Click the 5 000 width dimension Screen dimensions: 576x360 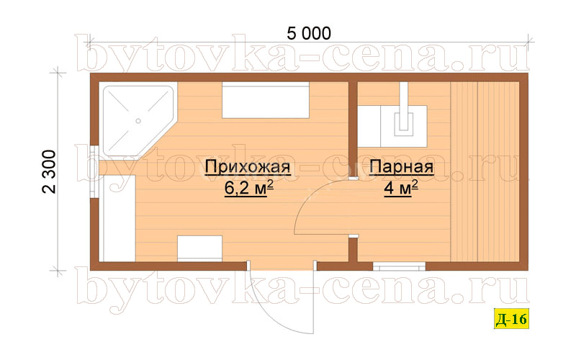[x=309, y=33]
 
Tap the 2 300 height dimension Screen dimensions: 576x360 [x=49, y=171]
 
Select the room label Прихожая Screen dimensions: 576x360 [x=248, y=168]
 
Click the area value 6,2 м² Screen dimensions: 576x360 [x=248, y=189]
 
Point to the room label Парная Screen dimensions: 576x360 [x=401, y=168]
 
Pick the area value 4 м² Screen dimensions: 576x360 [x=401, y=189]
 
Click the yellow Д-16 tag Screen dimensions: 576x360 [x=511, y=318]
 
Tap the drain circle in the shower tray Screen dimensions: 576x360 [x=138, y=121]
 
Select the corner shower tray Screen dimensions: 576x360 [x=138, y=120]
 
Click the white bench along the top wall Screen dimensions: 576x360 [x=265, y=100]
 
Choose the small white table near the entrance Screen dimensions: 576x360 [x=199, y=248]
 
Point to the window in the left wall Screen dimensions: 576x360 [x=94, y=172]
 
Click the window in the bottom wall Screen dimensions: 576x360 [x=400, y=266]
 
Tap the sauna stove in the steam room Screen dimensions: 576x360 [x=392, y=126]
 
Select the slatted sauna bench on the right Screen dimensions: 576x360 [x=485, y=172]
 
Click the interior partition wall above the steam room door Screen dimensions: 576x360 [x=353, y=129]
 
